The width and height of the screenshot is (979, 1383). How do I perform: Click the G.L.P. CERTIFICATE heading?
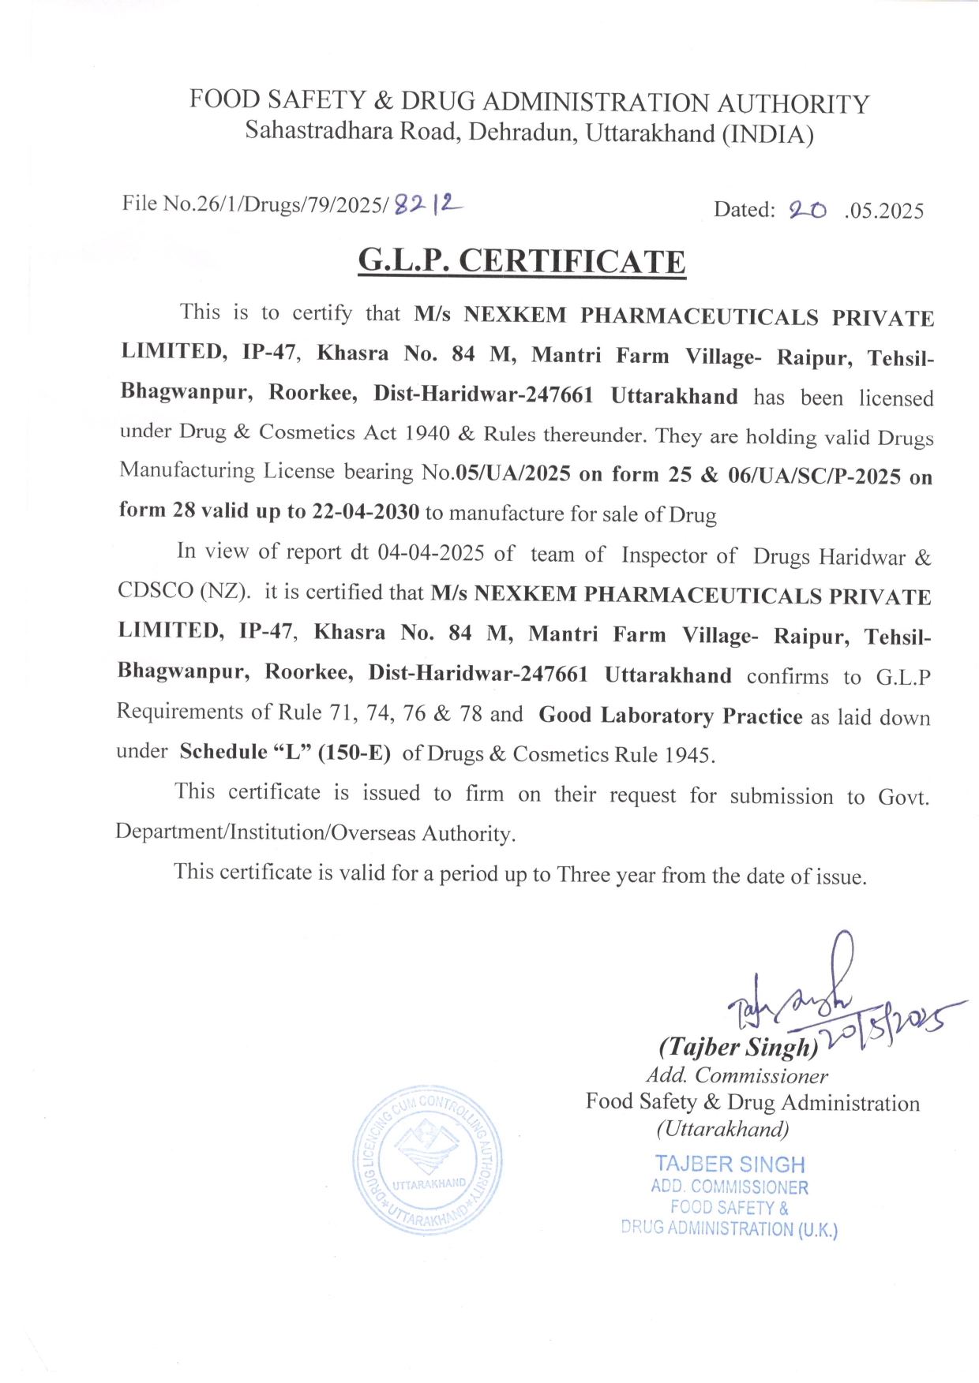[x=522, y=261]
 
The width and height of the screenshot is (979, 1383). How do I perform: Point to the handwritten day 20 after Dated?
[x=807, y=210]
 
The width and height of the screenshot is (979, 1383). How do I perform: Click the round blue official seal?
[x=427, y=1160]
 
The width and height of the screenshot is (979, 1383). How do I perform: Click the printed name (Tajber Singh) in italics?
[x=739, y=1047]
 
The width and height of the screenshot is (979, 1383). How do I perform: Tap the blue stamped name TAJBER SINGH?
[x=730, y=1164]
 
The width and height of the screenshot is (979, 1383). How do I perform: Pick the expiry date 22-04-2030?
[x=366, y=511]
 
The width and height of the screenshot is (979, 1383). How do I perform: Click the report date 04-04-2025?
[x=430, y=552]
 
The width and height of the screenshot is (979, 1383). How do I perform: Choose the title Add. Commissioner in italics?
[x=737, y=1075]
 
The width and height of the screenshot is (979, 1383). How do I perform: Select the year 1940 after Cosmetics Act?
[x=427, y=433]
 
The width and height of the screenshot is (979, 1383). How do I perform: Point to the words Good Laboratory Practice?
[x=670, y=716]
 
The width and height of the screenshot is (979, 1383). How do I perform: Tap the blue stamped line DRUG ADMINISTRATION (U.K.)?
[x=729, y=1228]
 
